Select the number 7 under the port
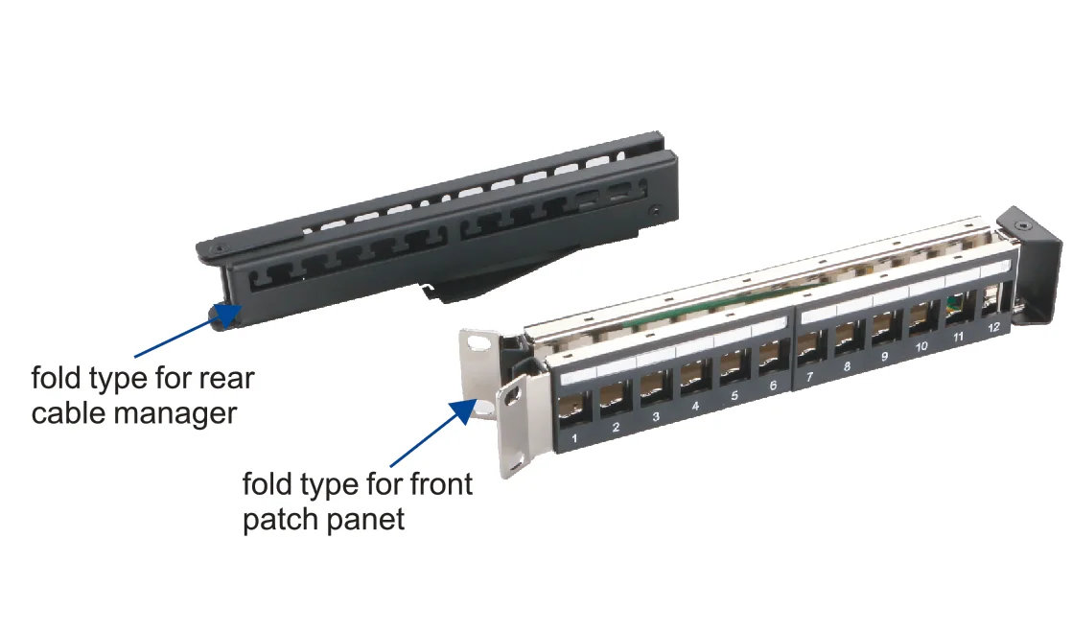click(x=809, y=377)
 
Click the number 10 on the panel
click(x=921, y=347)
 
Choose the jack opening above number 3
click(x=653, y=386)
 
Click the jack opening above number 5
click(x=731, y=364)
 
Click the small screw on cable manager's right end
click(x=655, y=209)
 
